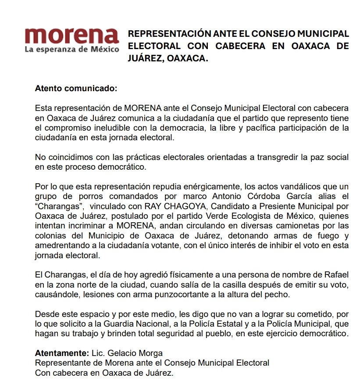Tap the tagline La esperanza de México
point(71,50)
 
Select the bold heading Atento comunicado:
point(76,89)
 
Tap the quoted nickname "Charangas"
point(54,206)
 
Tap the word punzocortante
point(171,294)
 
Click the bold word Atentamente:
point(61,353)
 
